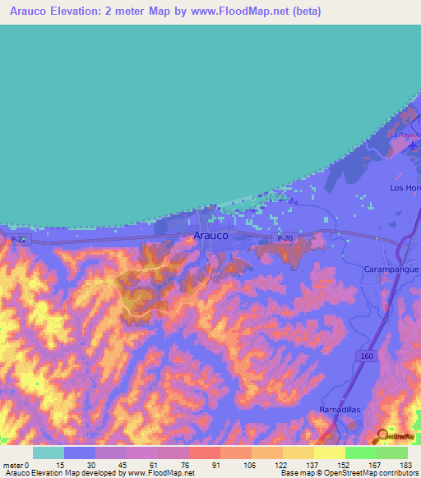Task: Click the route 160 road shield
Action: pyautogui.click(x=366, y=354)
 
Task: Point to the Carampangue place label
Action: pyautogui.click(x=391, y=269)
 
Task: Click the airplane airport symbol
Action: pyautogui.click(x=412, y=146)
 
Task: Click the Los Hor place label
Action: pyautogui.click(x=405, y=188)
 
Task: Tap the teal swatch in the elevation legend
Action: pyautogui.click(x=48, y=452)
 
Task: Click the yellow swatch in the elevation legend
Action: pyautogui.click(x=329, y=452)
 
